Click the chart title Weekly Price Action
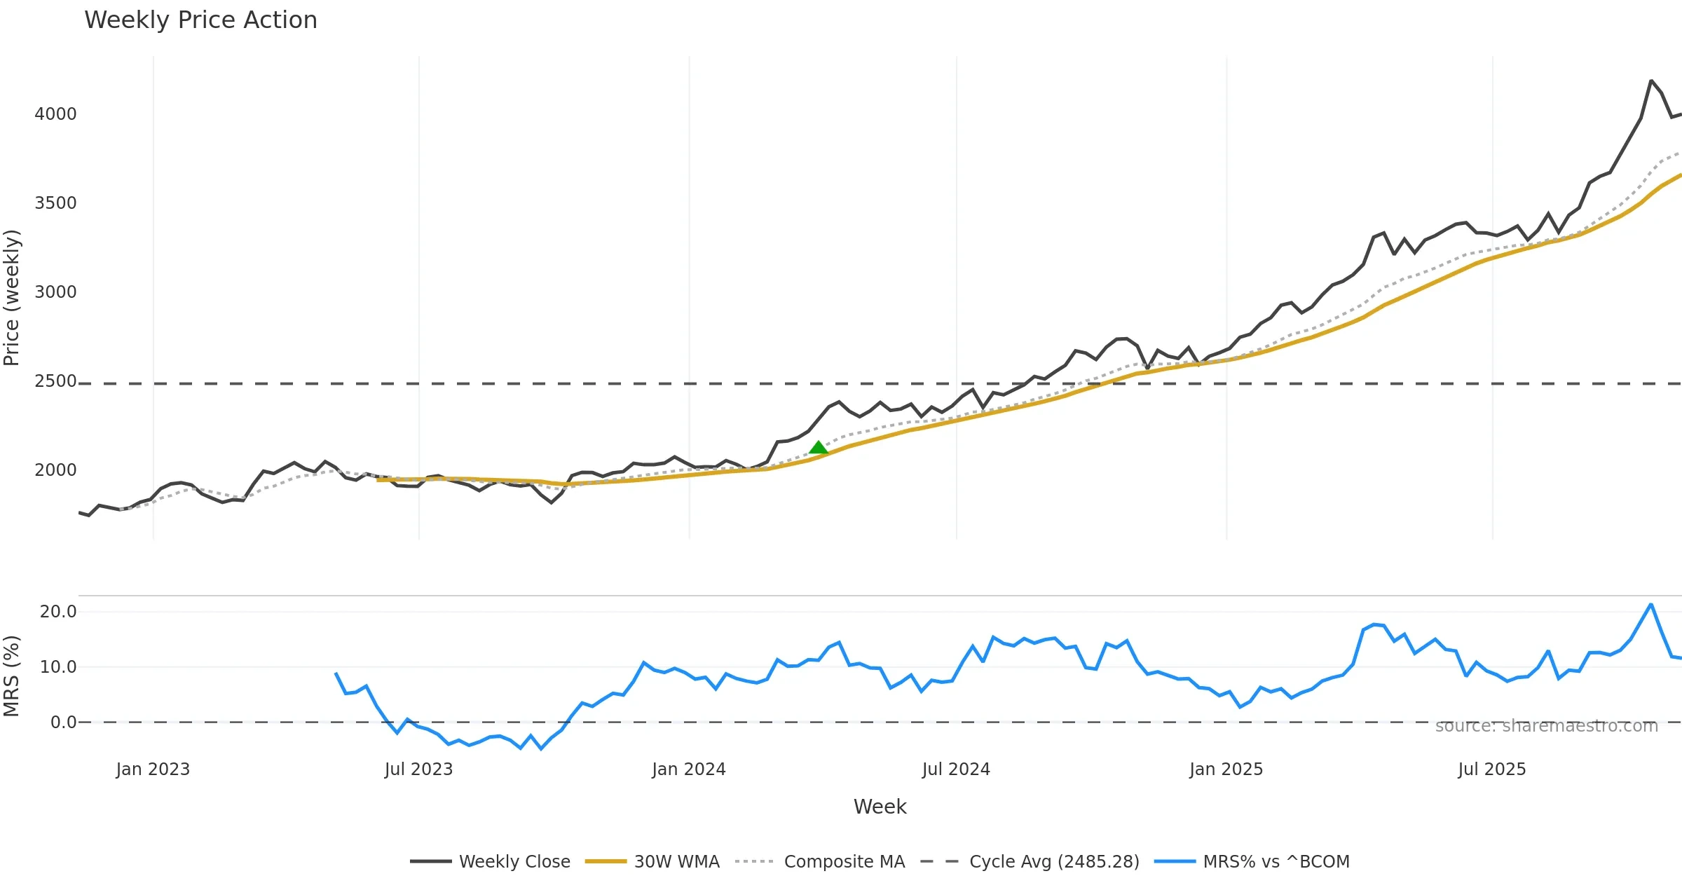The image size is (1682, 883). coord(200,20)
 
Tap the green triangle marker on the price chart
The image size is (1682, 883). coord(818,448)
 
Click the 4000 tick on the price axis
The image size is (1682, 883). coord(55,114)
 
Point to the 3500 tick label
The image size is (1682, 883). coord(55,203)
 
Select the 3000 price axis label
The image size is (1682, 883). coord(55,292)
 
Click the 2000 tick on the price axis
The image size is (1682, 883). coord(55,470)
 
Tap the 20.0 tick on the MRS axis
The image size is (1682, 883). coord(58,612)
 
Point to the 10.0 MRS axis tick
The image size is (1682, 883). coord(58,667)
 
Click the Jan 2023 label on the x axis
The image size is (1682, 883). coord(153,769)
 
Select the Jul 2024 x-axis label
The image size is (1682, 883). coord(956,769)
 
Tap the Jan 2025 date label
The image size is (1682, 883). coord(1226,769)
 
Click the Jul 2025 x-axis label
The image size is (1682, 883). coord(1491,769)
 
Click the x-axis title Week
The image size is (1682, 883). coord(880,807)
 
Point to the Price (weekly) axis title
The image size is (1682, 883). coord(12,298)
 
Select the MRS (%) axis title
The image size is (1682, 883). coord(12,676)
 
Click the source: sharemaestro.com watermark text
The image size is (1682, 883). coord(1546,726)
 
